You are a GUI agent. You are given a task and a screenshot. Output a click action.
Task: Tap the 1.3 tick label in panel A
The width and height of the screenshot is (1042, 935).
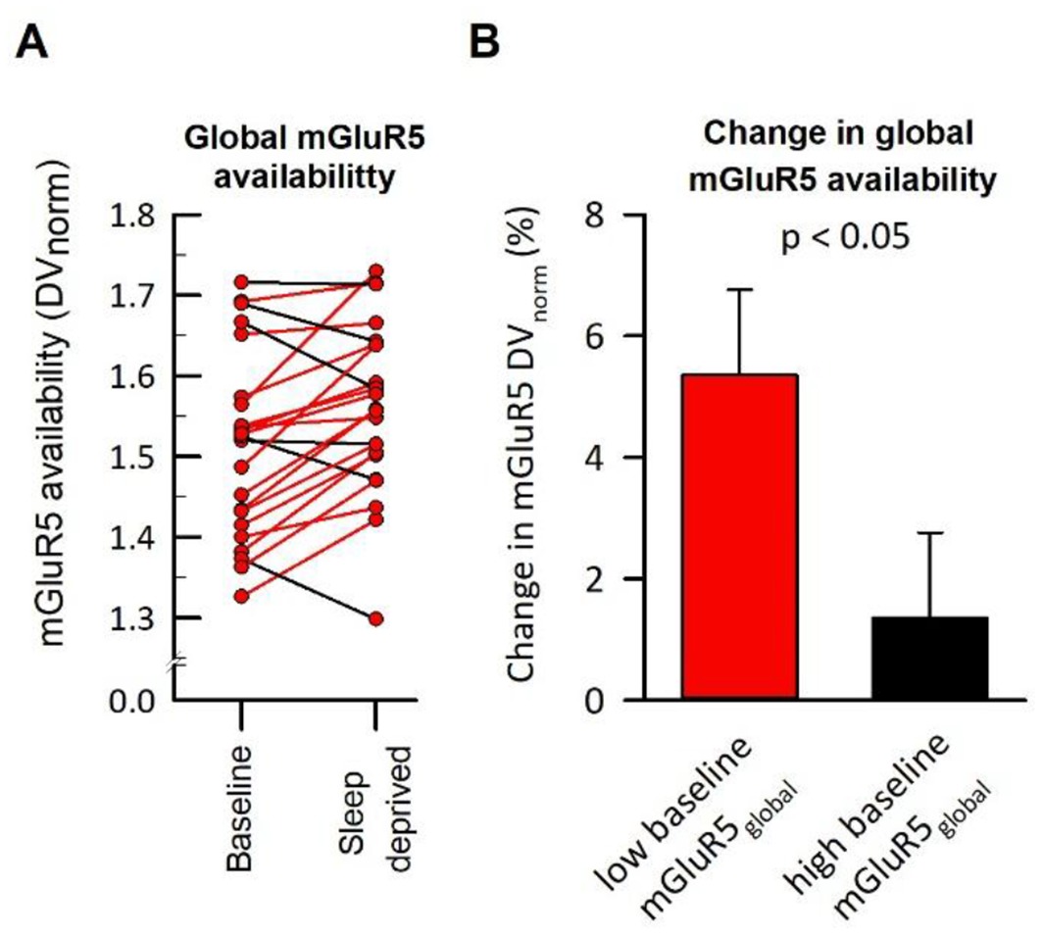pyautogui.click(x=137, y=618)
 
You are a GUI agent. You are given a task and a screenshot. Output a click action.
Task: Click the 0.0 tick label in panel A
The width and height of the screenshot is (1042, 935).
pyautogui.click(x=137, y=700)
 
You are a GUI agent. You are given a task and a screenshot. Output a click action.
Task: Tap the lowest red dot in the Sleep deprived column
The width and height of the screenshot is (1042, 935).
pyautogui.click(x=376, y=618)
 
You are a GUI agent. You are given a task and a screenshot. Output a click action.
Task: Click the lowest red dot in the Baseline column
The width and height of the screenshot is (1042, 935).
pyautogui.click(x=241, y=595)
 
